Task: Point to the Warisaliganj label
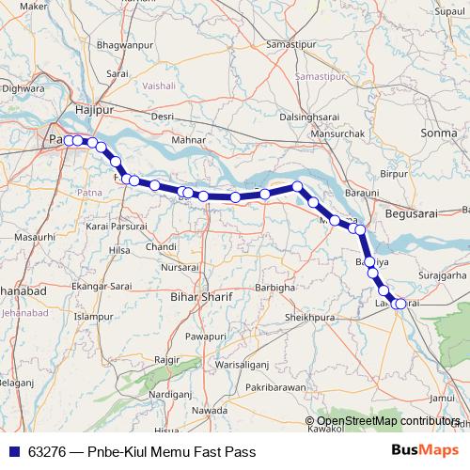243,363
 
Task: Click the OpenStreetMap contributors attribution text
388,421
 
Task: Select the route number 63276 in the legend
46,452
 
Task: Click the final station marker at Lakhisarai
401,303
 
